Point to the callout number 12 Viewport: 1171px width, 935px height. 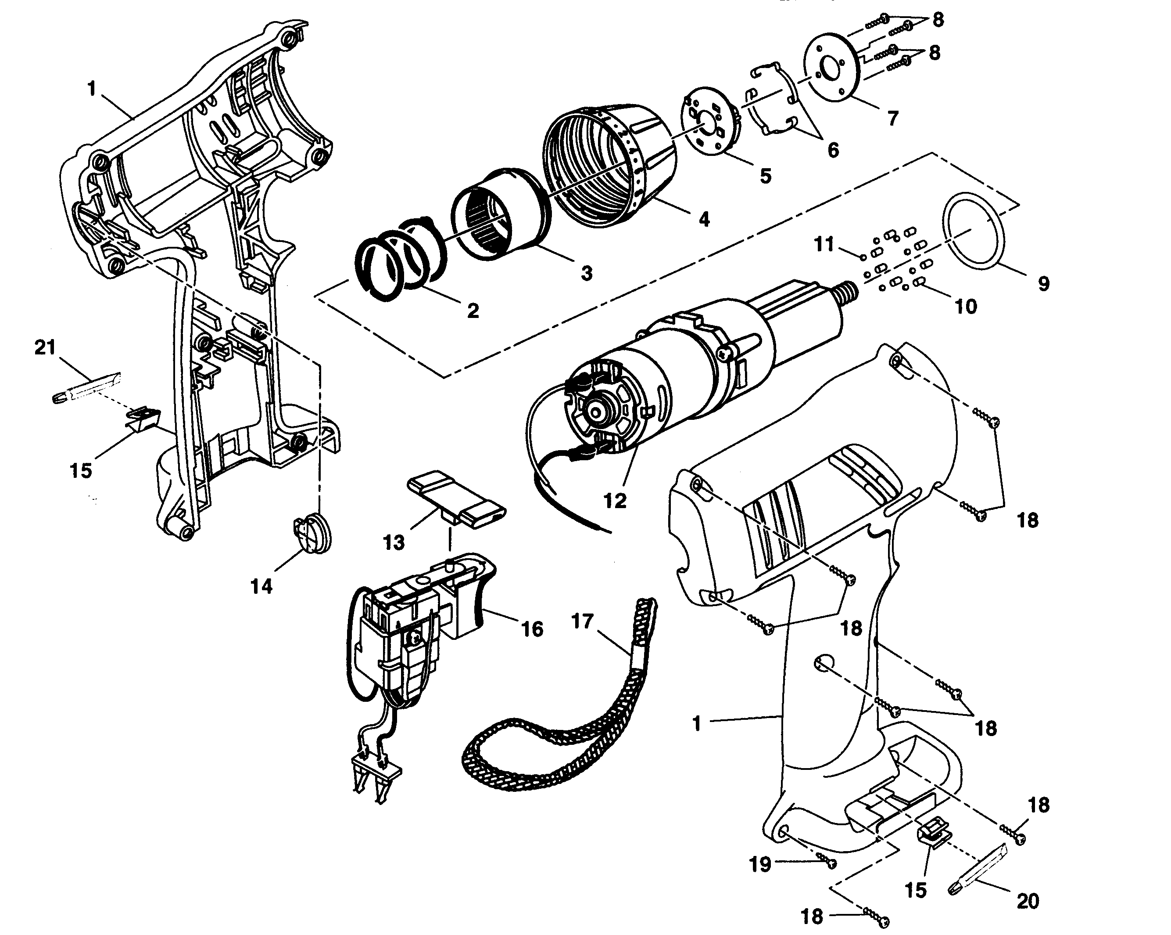coord(615,501)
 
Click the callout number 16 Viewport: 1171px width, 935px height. coord(532,629)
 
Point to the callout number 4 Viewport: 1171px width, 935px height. coord(704,219)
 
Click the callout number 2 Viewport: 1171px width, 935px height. coord(473,311)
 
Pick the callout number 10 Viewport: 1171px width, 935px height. coord(966,307)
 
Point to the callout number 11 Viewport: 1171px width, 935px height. coord(824,245)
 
